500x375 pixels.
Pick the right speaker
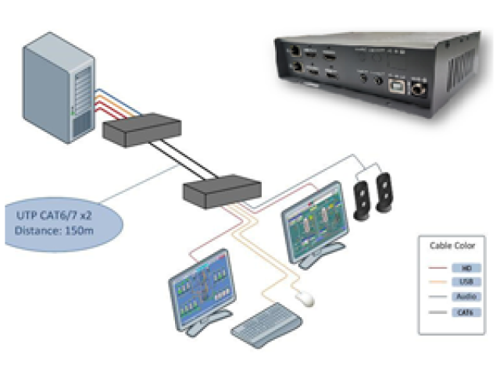pos(386,191)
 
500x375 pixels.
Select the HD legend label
pos(466,267)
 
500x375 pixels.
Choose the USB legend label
pos(466,282)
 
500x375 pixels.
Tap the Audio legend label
pos(466,298)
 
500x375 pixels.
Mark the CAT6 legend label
pos(466,312)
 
